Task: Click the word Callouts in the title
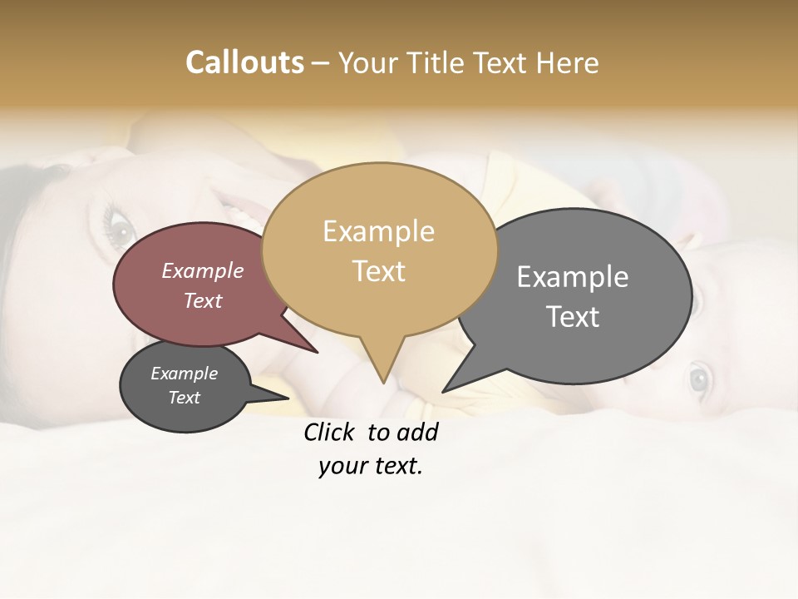pyautogui.click(x=244, y=62)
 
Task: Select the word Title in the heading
pyautogui.click(x=440, y=63)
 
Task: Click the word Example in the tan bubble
pyautogui.click(x=378, y=231)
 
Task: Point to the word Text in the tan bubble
pyautogui.click(x=378, y=271)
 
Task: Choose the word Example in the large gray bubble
pyautogui.click(x=572, y=277)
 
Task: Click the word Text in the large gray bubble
pyautogui.click(x=573, y=317)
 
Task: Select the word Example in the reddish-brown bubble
pyautogui.click(x=202, y=270)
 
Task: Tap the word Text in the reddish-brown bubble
pyautogui.click(x=202, y=300)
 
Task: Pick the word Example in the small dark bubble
pyautogui.click(x=184, y=374)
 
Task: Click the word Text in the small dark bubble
pyautogui.click(x=184, y=398)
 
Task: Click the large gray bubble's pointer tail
pyautogui.click(x=453, y=384)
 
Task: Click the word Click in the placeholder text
pyautogui.click(x=328, y=433)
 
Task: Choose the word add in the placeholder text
pyautogui.click(x=418, y=433)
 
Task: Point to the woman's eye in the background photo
pyautogui.click(x=119, y=225)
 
